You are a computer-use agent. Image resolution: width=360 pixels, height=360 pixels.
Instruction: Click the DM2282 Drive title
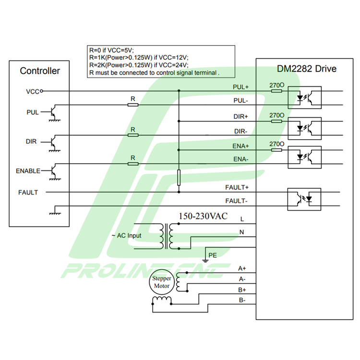coord(307,69)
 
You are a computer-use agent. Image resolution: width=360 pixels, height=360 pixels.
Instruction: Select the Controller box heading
coord(40,71)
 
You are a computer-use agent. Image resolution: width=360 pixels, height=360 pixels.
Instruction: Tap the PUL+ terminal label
coord(240,87)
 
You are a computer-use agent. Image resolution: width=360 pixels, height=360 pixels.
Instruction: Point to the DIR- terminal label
coord(240,131)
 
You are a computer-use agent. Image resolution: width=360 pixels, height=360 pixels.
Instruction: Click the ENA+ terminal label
coord(240,146)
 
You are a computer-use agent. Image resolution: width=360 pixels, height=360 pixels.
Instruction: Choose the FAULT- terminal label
coord(237,201)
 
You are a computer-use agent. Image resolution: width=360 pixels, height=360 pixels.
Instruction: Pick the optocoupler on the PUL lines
coord(304,97)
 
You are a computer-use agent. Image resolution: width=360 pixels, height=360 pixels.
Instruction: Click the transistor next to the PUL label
coord(53,112)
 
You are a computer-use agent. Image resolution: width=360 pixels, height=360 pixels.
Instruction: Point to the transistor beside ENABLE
coord(53,170)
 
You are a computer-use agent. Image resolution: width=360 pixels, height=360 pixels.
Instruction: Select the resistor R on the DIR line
coord(133,135)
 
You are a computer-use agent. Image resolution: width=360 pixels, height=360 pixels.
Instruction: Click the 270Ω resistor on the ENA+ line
coord(276,150)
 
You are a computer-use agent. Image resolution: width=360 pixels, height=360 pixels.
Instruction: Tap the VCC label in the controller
coord(33,90)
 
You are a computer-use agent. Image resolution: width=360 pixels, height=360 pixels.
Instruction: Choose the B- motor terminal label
coord(242,300)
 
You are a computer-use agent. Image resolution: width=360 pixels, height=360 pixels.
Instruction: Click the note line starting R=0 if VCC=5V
coord(111,50)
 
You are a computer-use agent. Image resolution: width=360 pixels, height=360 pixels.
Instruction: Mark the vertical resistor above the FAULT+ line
coord(179,177)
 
